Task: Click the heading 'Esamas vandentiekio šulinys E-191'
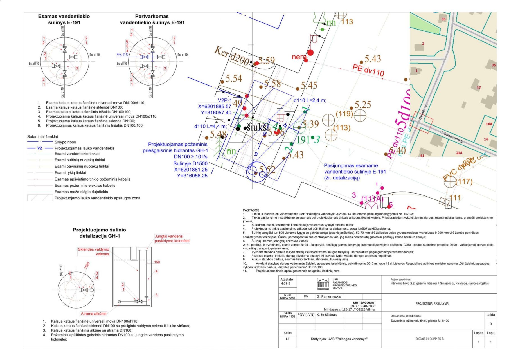(x=64, y=19)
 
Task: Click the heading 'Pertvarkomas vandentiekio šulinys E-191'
(x=152, y=19)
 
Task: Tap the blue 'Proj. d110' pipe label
(x=122, y=55)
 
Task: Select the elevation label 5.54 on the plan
(x=234, y=78)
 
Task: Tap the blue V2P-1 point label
(x=225, y=100)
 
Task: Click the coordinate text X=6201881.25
(x=191, y=170)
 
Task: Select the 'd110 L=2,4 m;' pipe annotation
(x=310, y=100)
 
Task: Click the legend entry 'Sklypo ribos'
(x=65, y=142)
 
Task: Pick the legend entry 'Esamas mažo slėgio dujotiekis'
(x=81, y=192)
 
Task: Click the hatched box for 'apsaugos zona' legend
(x=40, y=198)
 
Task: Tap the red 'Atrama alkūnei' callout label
(x=94, y=314)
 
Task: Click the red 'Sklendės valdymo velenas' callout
(x=94, y=251)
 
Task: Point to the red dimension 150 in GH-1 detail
(x=157, y=262)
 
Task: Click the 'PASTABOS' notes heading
(x=251, y=210)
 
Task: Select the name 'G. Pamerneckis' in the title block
(x=329, y=296)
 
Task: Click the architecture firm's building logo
(x=323, y=284)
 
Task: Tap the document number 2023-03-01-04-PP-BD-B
(x=429, y=339)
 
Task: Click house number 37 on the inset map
(x=479, y=88)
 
